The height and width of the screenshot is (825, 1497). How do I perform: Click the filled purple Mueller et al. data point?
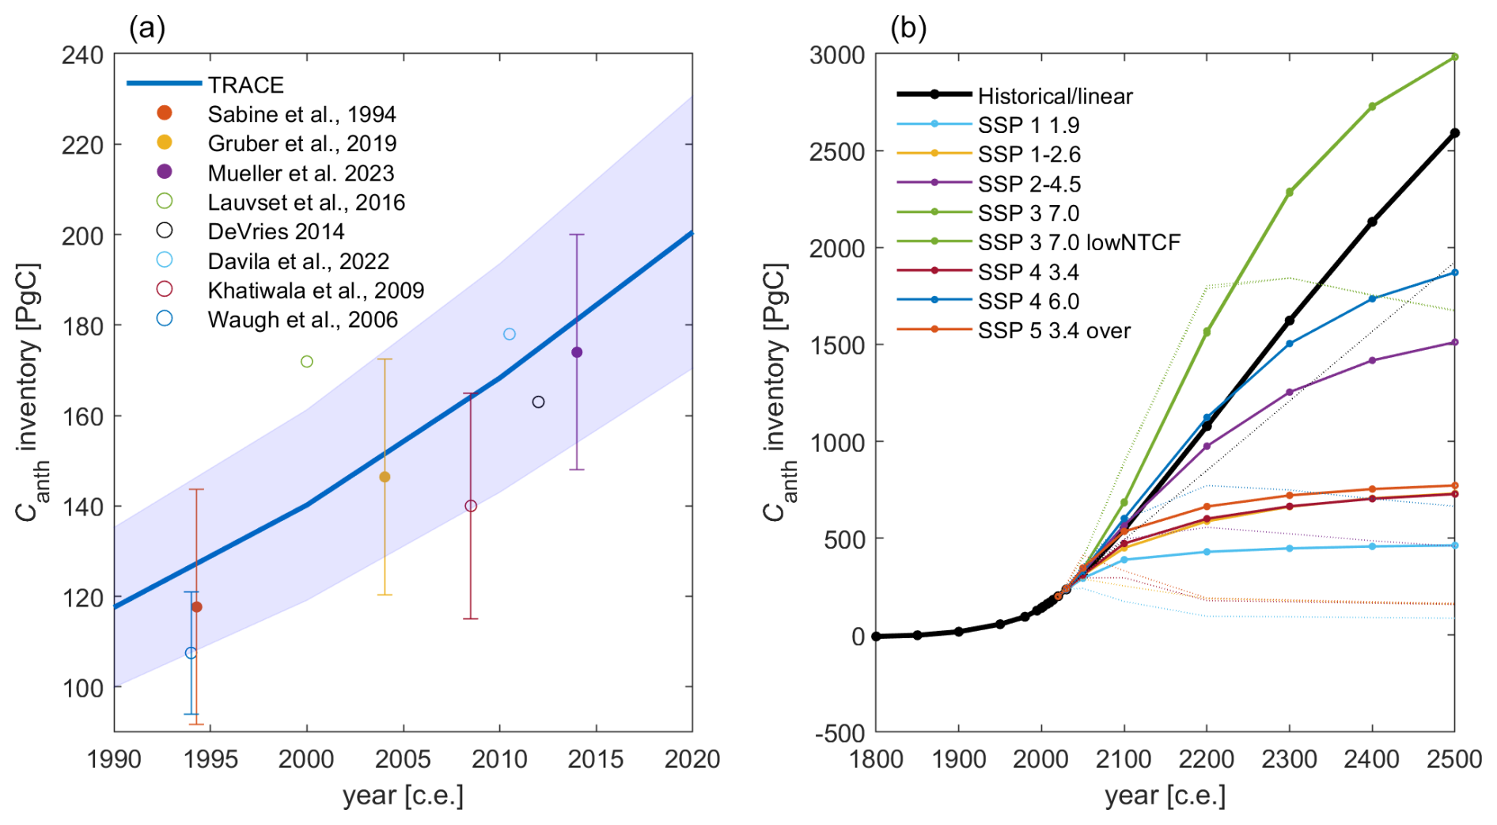577,352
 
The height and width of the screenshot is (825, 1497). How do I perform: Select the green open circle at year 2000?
307,362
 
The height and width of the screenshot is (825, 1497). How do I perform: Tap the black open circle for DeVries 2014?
538,402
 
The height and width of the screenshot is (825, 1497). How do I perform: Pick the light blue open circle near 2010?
510,334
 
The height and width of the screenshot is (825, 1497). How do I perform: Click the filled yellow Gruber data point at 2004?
385,477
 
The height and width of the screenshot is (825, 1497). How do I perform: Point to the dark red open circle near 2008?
471,506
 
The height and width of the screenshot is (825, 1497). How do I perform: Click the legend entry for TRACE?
245,85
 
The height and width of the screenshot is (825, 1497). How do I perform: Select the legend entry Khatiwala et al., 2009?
315,291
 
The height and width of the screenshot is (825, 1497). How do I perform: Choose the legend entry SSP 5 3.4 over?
1054,331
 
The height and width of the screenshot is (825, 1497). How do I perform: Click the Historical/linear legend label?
1055,96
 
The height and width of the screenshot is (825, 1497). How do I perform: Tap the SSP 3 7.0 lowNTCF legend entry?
1078,242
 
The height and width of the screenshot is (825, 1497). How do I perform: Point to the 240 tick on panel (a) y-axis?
82,55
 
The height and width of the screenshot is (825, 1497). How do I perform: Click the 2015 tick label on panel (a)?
596,759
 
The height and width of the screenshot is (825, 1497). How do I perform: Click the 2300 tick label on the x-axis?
1289,759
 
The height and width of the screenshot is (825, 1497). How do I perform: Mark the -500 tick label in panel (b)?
840,734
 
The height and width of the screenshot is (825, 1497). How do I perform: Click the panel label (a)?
147,29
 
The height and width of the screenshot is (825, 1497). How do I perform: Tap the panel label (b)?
908,29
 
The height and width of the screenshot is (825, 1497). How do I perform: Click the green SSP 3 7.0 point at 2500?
1454,57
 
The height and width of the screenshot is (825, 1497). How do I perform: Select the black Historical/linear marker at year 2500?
1454,133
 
